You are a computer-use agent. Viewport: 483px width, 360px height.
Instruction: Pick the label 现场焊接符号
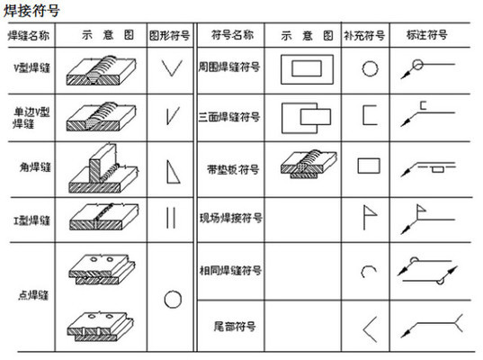pos(230,218)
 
